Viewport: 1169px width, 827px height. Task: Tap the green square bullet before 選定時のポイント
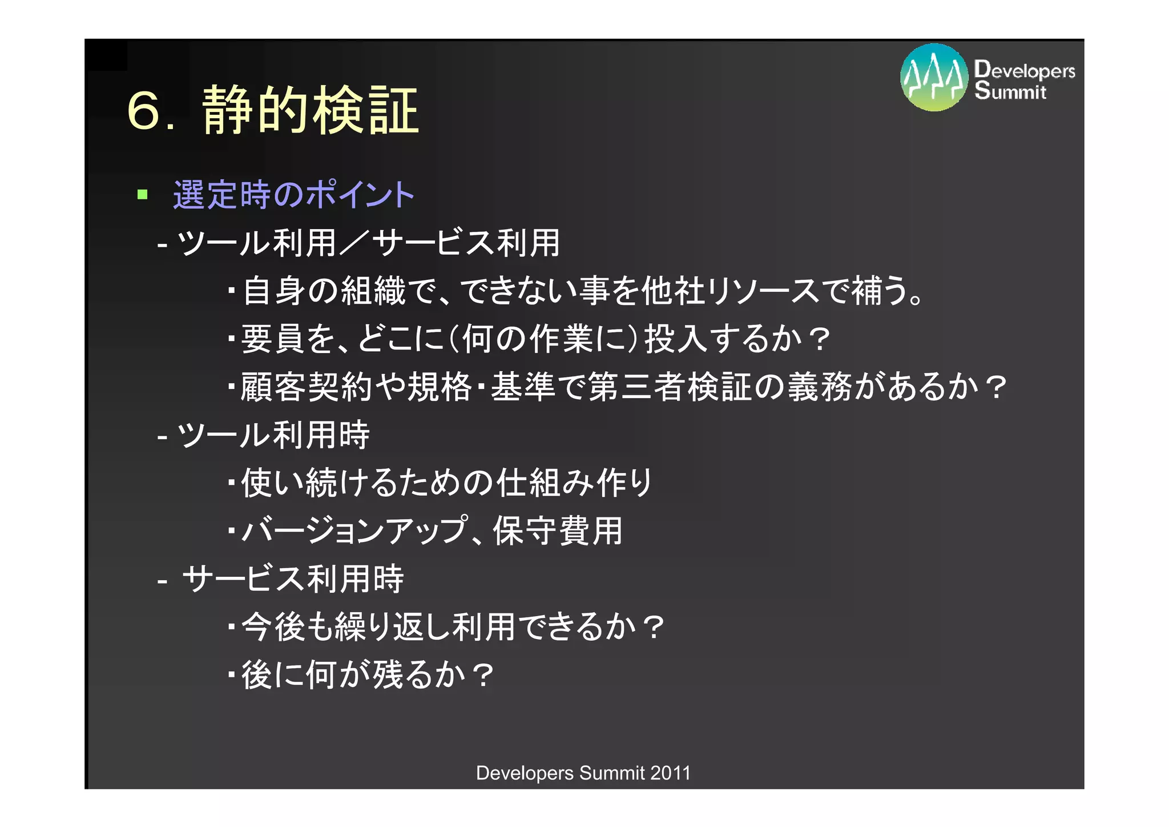[143, 195]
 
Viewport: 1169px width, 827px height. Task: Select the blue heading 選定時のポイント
[293, 195]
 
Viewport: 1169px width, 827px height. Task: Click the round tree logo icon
[934, 78]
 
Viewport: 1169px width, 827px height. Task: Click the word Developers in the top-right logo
[1025, 70]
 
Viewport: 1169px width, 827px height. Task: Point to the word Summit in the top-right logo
[1010, 91]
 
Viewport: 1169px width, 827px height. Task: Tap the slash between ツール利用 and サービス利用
[354, 243]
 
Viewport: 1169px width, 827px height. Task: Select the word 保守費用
[557, 531]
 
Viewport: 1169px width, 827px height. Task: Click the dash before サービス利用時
[162, 580]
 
